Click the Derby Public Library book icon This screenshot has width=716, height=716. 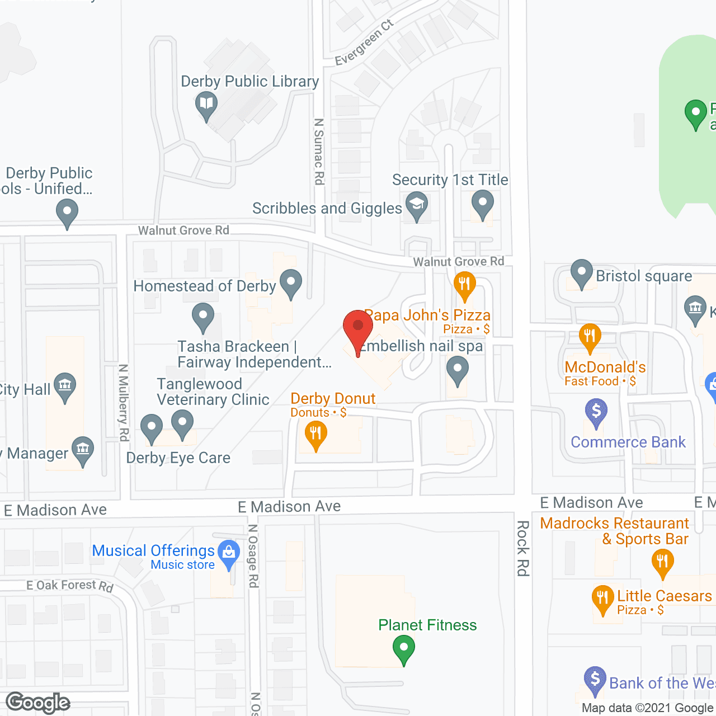[206, 105]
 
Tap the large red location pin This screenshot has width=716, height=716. [358, 328]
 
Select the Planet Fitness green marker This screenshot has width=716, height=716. [403, 649]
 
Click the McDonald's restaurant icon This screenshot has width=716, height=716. [590, 336]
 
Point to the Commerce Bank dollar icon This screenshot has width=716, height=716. [596, 412]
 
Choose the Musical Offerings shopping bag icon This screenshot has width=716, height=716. [228, 553]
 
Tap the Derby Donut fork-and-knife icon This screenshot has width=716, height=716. [316, 434]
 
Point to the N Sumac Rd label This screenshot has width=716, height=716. [319, 151]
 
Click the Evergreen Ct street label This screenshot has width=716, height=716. [364, 43]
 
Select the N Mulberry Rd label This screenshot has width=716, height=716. [124, 402]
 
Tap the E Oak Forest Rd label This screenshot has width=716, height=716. [70, 585]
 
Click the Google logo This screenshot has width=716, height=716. [38, 702]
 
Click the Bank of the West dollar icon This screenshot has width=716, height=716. [595, 680]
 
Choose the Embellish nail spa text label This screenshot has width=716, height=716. [421, 346]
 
